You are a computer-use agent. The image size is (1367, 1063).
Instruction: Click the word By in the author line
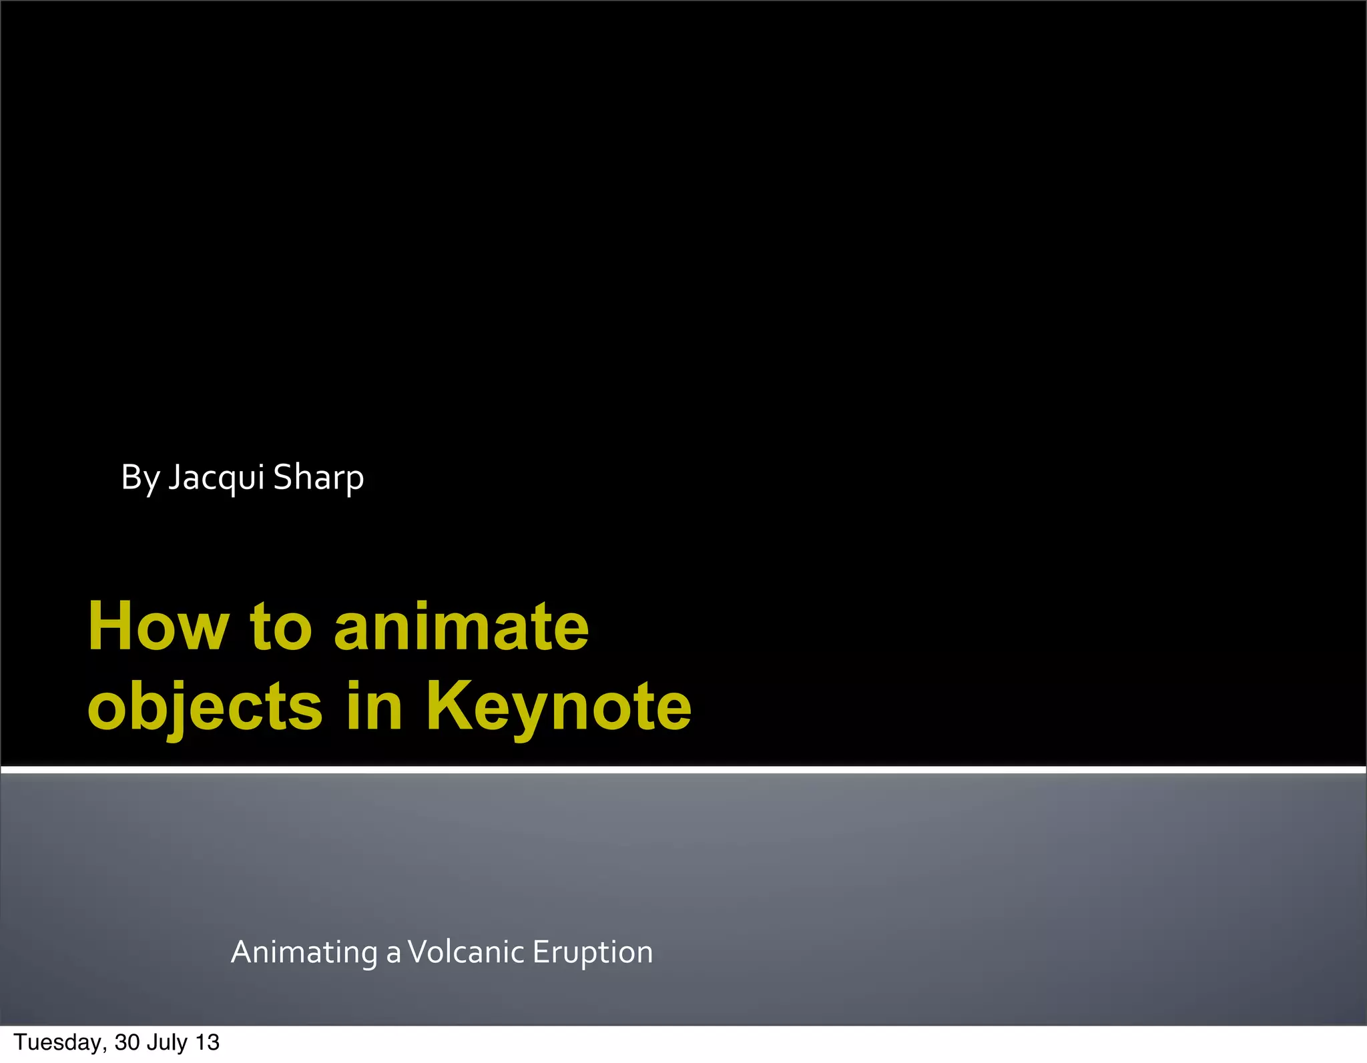[139, 478]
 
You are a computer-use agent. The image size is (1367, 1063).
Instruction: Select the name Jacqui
[216, 478]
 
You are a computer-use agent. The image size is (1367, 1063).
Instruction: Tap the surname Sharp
[318, 478]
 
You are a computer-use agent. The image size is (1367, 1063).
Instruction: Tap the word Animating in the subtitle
[304, 952]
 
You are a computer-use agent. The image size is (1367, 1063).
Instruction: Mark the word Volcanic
[465, 952]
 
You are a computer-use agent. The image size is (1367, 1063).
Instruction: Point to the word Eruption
[593, 952]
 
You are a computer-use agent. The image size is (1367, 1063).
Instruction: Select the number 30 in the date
[127, 1042]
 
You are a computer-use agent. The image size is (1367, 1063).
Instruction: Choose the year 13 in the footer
[208, 1042]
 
